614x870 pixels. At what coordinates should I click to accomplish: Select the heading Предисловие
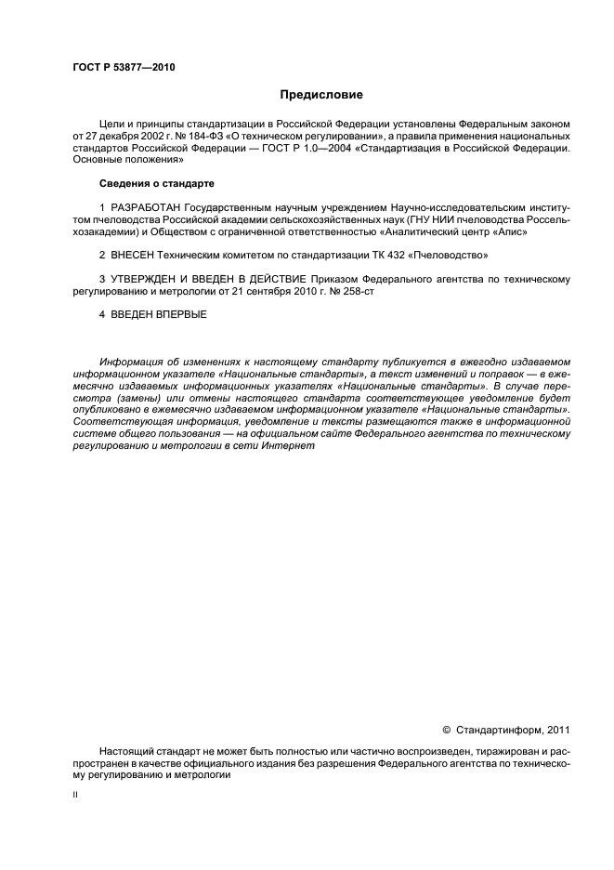tap(321, 95)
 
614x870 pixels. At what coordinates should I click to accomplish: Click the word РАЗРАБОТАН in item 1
tap(146, 206)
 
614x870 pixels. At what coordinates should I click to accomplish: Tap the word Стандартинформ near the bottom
tap(502, 729)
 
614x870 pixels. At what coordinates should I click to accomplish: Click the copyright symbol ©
tap(446, 729)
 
